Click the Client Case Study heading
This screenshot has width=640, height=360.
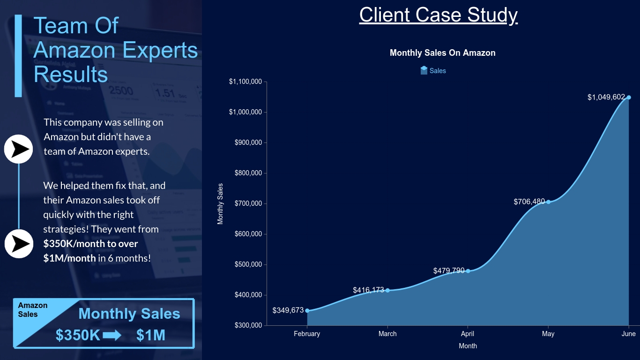[438, 15]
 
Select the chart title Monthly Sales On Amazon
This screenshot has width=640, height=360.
[442, 53]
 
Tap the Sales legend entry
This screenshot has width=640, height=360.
[433, 71]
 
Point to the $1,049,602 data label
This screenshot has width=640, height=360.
[606, 97]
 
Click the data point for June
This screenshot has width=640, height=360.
[629, 97]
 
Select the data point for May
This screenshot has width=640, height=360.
[548, 202]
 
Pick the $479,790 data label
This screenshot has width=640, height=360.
[449, 270]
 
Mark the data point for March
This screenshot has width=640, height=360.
[387, 290]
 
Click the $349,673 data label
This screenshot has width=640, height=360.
[288, 310]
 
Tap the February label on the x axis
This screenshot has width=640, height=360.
[307, 334]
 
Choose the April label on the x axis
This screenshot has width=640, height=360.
[468, 334]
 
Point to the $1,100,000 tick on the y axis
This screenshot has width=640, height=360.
[245, 82]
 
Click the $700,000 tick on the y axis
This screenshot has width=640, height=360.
[248, 203]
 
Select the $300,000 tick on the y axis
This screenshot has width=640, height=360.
[248, 325]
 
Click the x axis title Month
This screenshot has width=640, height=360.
[468, 346]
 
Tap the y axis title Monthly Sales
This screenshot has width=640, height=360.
[221, 204]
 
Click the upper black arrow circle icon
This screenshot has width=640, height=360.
[18, 149]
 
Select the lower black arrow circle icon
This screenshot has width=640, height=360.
[19, 244]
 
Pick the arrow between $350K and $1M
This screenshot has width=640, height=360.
[112, 336]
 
